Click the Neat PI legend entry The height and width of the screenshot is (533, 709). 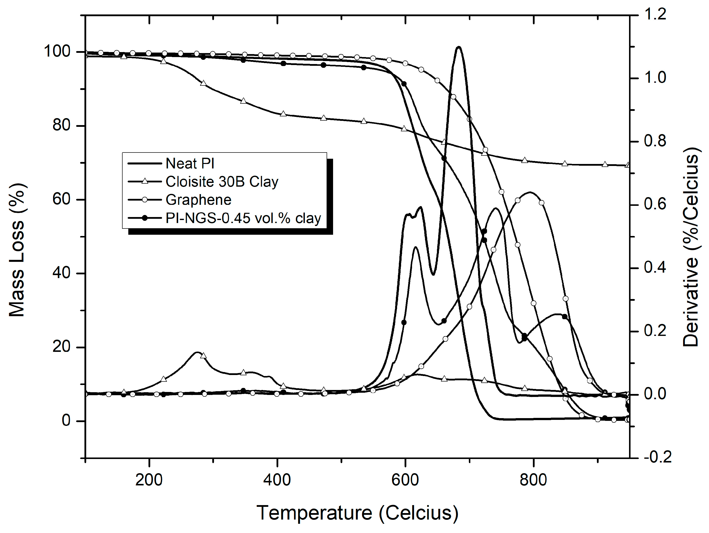190,163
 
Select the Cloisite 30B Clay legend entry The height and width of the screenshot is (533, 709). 222,182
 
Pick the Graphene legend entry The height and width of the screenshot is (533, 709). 198,200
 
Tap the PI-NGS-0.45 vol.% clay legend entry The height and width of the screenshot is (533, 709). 243,218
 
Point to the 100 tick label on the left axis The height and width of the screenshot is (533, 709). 57,51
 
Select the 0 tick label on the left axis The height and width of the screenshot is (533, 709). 66,420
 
